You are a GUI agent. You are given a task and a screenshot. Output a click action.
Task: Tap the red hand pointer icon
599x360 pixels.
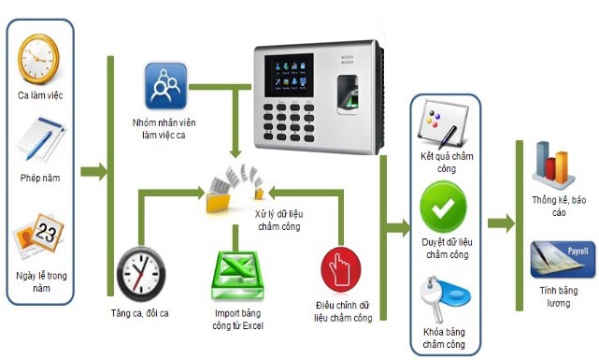[x=340, y=271]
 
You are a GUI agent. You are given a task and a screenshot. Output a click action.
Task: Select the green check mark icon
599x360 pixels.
[x=445, y=209]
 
